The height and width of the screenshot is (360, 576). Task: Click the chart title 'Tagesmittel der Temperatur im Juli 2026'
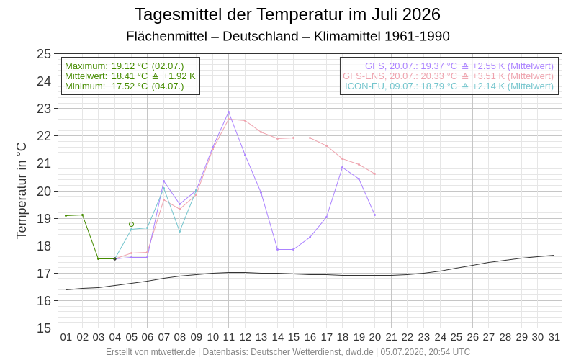pyautogui.click(x=287, y=14)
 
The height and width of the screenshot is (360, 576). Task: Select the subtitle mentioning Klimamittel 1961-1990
pyautogui.click(x=287, y=37)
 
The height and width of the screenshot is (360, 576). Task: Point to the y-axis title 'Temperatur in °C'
pyautogui.click(x=22, y=191)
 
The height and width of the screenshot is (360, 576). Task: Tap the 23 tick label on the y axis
pyautogui.click(x=44, y=109)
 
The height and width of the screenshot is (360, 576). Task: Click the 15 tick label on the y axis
pyautogui.click(x=44, y=328)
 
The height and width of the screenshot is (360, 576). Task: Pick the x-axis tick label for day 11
pyautogui.click(x=228, y=337)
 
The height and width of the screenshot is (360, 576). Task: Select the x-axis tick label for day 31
pyautogui.click(x=554, y=337)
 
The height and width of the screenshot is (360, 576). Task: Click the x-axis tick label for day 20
pyautogui.click(x=374, y=337)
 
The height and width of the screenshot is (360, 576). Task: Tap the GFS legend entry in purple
pyautogui.click(x=459, y=66)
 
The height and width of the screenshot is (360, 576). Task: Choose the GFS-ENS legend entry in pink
pyautogui.click(x=448, y=76)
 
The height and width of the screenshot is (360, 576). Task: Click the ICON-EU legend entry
pyautogui.click(x=449, y=86)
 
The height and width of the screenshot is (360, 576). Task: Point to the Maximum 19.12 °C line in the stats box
pyautogui.click(x=124, y=66)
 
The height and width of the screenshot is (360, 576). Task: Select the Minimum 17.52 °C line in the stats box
pyautogui.click(x=124, y=86)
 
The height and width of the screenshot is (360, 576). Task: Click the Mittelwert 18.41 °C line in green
pyautogui.click(x=130, y=76)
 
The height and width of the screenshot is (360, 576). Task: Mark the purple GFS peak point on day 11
pyautogui.click(x=228, y=112)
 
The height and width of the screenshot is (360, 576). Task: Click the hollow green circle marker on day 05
pyautogui.click(x=132, y=224)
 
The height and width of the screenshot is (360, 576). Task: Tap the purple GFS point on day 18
pyautogui.click(x=343, y=168)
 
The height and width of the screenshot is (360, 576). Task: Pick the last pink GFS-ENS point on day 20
pyautogui.click(x=374, y=174)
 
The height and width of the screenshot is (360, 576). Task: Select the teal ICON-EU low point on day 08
pyautogui.click(x=179, y=231)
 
